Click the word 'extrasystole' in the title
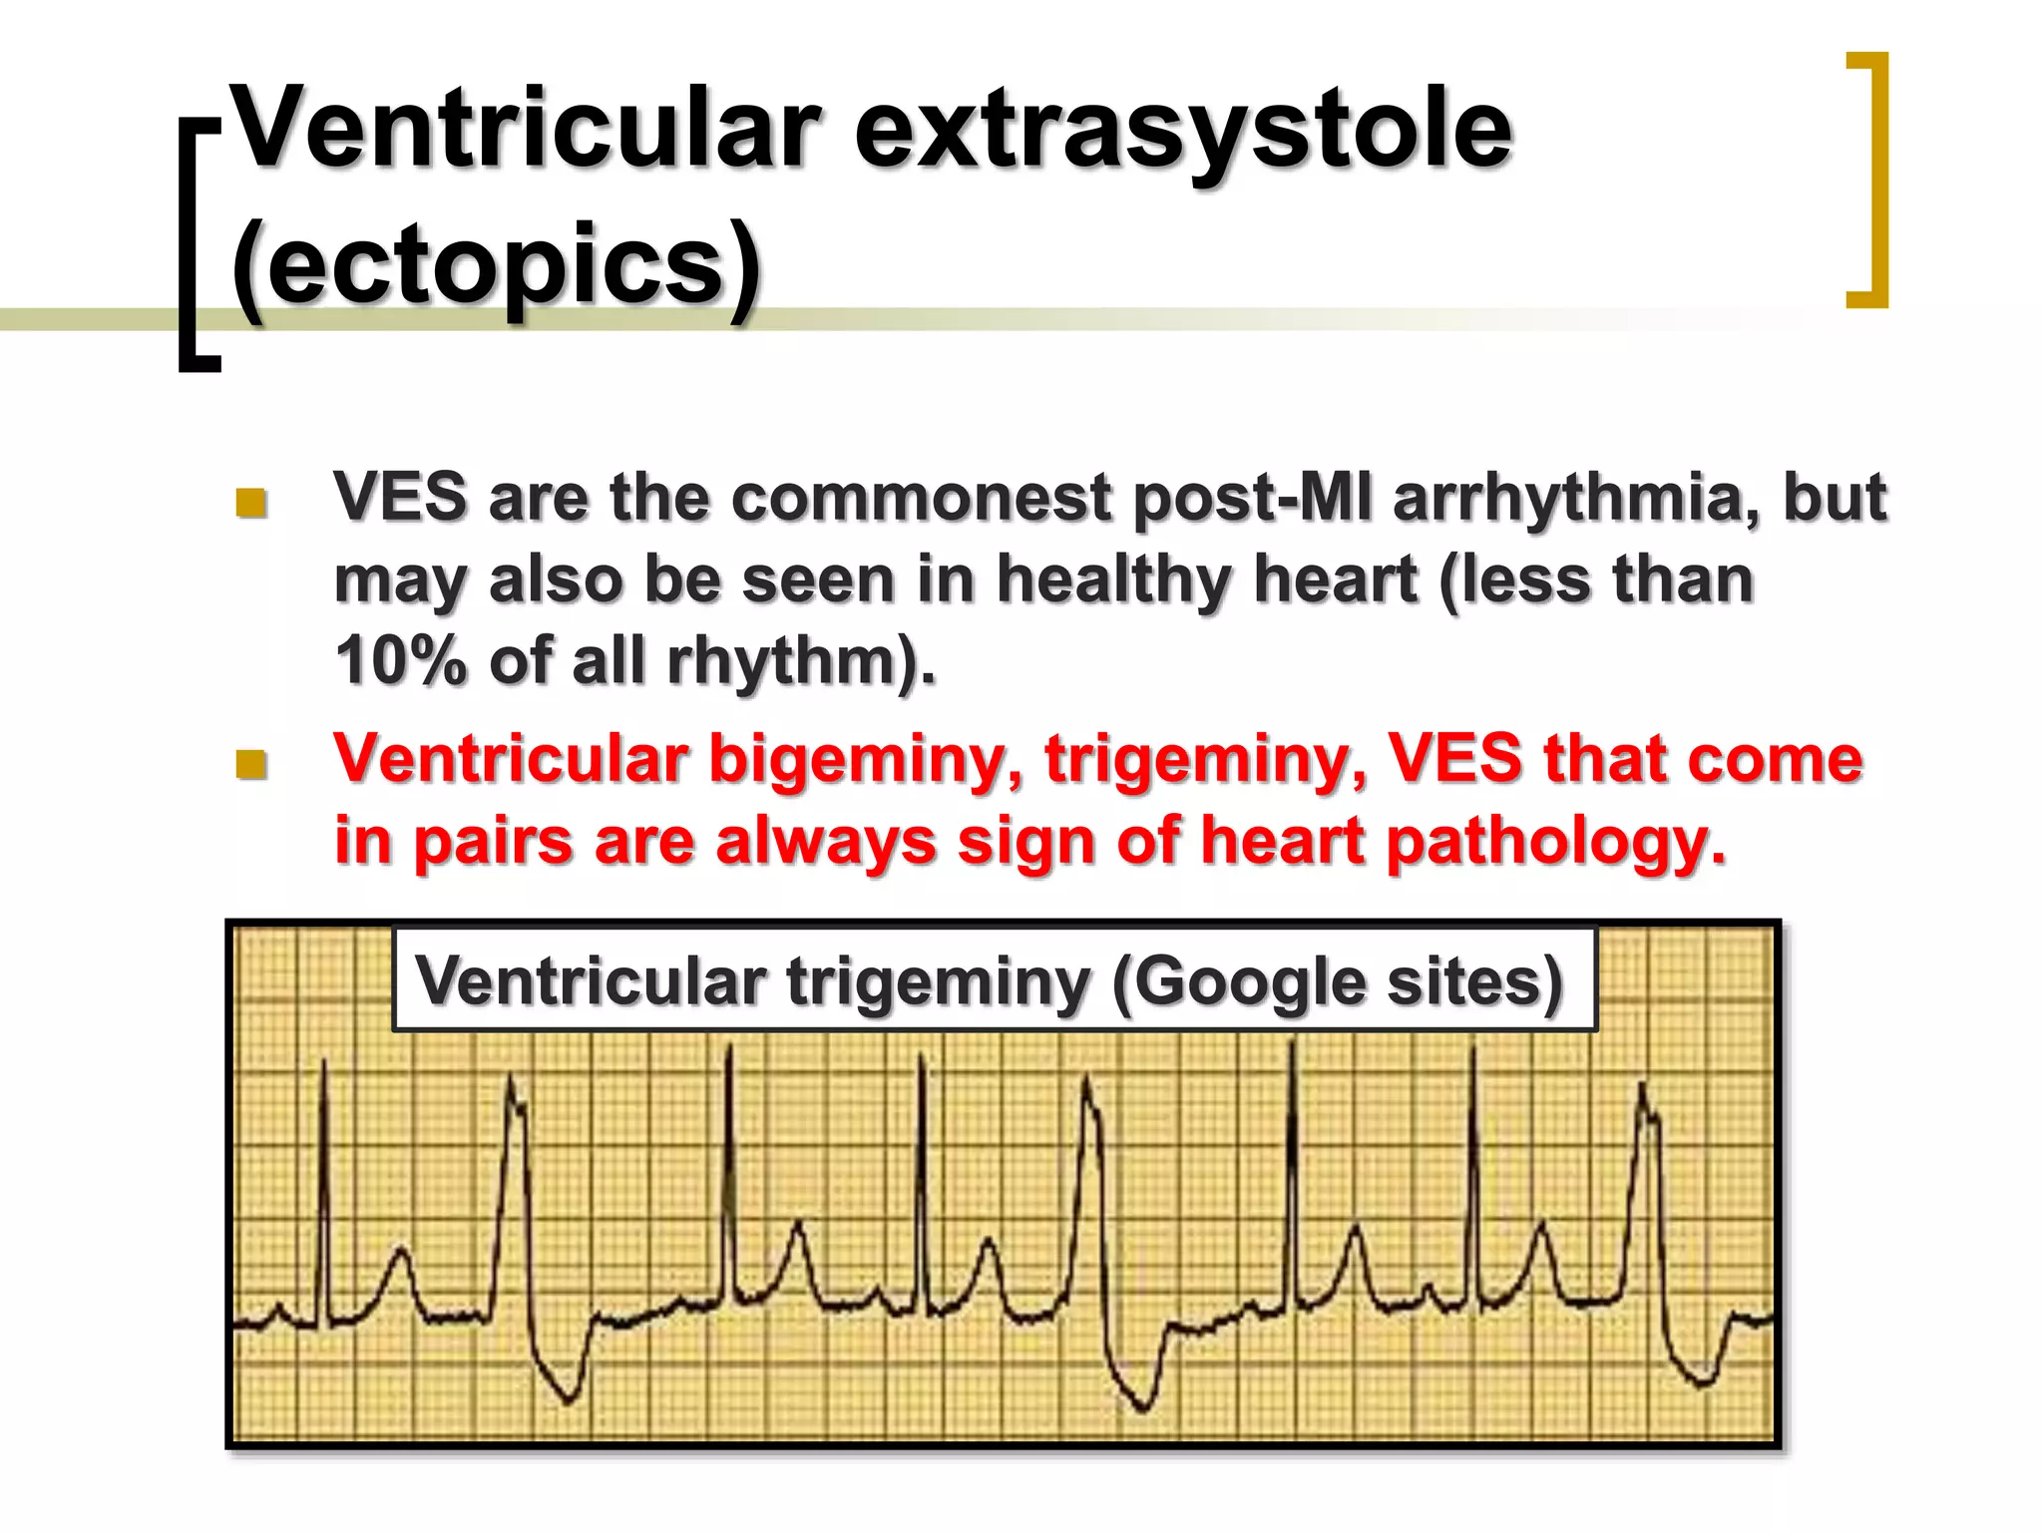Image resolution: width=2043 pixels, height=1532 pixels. click(1183, 130)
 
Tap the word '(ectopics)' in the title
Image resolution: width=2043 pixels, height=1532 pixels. click(496, 263)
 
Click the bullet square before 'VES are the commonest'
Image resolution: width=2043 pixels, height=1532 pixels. click(251, 502)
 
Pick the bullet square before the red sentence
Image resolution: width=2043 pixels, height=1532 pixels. click(251, 764)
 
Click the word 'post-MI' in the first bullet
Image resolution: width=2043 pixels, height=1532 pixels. click(1251, 497)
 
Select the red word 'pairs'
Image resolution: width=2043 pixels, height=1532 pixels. click(493, 842)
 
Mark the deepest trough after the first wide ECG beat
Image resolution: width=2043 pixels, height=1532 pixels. click(569, 1398)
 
